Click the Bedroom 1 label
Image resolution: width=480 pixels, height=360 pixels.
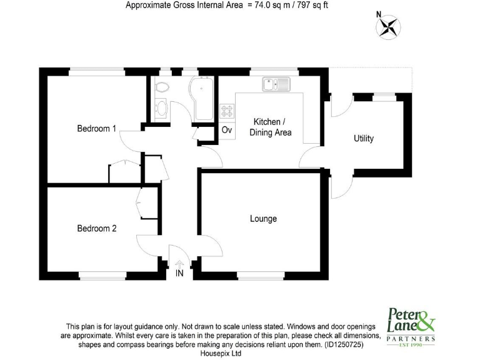coord(96,129)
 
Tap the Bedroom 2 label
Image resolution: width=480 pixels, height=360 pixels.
coord(96,228)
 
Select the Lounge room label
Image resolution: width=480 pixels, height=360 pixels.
coord(263,219)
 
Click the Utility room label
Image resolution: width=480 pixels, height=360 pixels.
coord(364,138)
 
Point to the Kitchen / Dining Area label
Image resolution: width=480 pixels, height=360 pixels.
coord(270,126)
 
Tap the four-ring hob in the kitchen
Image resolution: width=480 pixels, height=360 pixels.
coord(227,112)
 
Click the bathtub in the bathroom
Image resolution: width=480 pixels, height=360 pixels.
coord(204,99)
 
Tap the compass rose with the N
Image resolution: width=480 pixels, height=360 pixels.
coord(389,26)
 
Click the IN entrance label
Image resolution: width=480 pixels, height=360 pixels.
coord(179,274)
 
